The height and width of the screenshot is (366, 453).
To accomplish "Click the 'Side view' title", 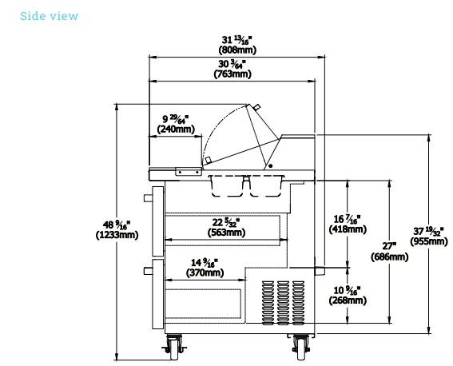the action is (49, 16).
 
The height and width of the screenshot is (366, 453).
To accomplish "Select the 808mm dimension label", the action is (237, 45).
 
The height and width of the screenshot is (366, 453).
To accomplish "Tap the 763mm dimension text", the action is (232, 69).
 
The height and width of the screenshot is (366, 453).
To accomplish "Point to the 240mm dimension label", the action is (176, 124).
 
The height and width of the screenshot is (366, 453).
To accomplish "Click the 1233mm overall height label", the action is (117, 229).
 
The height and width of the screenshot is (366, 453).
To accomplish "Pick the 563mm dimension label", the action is (226, 227).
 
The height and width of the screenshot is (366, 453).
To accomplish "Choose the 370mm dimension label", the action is (205, 268).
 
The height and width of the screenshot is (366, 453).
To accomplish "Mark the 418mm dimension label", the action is (348, 225).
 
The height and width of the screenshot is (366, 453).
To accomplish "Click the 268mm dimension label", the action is (348, 295).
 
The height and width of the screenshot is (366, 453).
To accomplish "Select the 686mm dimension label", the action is (389, 251).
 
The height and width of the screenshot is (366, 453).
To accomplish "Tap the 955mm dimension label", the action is (429, 237).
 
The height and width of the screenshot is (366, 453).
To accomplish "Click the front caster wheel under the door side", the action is (174, 348).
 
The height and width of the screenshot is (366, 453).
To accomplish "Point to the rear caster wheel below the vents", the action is (301, 348).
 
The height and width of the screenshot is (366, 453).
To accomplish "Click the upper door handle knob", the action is (148, 198).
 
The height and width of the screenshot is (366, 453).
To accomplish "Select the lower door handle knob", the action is (148, 271).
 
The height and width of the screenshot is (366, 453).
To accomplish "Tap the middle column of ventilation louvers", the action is (283, 303).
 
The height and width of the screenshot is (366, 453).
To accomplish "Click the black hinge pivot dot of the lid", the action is (270, 166).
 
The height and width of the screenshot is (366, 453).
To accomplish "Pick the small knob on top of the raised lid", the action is (256, 107).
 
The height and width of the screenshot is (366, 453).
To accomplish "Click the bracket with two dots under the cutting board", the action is (189, 172).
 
